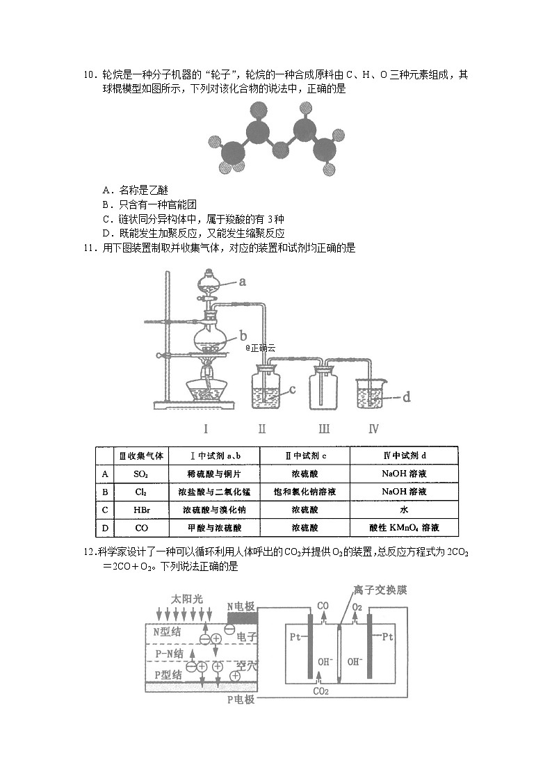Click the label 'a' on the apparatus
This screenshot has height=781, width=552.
click(x=243, y=282)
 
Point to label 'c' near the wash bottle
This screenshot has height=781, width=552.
click(x=293, y=389)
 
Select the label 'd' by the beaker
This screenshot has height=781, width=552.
click(x=407, y=397)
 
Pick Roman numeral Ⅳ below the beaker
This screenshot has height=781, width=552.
click(x=373, y=428)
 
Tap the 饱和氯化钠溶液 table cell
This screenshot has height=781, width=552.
click(x=304, y=492)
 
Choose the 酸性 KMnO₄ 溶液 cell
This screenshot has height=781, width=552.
click(x=403, y=528)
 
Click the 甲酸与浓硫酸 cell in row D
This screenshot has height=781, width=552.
click(x=213, y=528)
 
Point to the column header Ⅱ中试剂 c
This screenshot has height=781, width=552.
click(x=304, y=456)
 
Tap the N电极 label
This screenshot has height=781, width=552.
click(x=243, y=605)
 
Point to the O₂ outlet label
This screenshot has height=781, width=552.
click(x=357, y=607)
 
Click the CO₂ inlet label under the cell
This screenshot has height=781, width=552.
click(x=320, y=691)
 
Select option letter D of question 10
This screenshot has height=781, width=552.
click(x=106, y=234)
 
